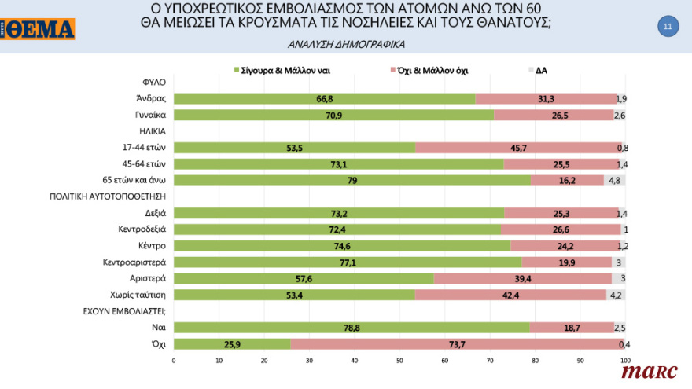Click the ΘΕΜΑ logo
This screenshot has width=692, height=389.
tap(39, 29)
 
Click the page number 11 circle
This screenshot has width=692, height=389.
tap(667, 27)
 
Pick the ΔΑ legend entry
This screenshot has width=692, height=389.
tap(541, 70)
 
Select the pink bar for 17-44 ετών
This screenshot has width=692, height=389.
tap(519, 148)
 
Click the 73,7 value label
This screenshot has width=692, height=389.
tap(454, 343)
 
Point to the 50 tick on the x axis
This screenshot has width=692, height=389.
tap(399, 361)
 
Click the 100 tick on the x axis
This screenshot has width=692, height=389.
tap(625, 361)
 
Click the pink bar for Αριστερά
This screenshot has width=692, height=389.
tap(522, 278)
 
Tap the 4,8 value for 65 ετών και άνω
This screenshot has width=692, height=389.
tap(614, 180)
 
